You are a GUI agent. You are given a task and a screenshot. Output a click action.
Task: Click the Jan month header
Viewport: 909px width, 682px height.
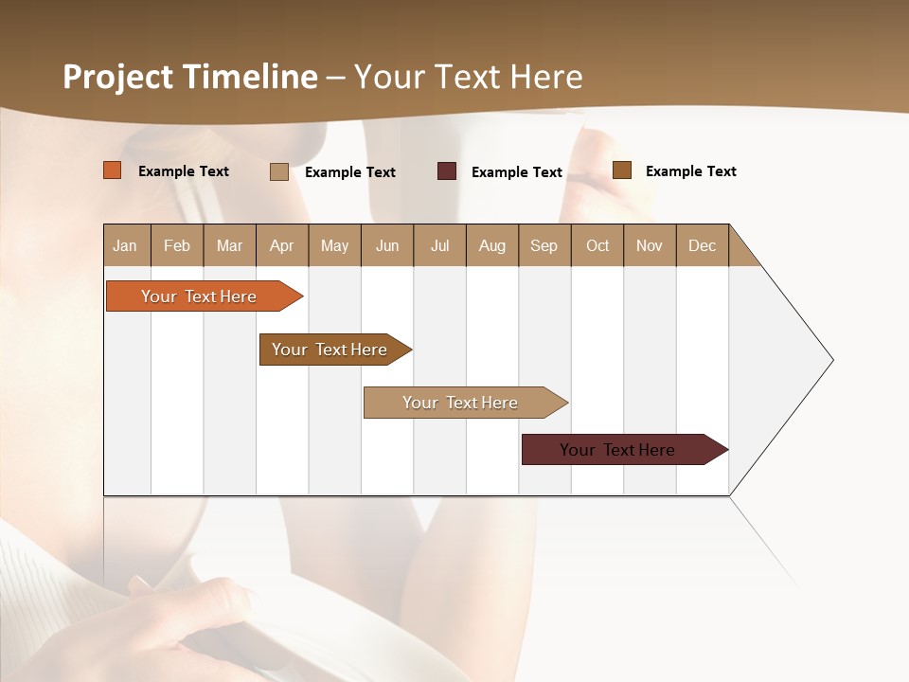coord(126,245)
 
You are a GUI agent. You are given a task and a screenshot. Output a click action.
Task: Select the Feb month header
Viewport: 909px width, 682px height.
coord(177,245)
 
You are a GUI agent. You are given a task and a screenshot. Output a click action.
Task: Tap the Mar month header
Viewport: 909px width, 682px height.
coord(229,245)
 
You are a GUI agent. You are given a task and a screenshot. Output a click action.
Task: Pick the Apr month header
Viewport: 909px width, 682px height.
coord(282,245)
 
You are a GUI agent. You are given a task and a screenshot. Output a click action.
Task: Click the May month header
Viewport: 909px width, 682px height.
coord(334,245)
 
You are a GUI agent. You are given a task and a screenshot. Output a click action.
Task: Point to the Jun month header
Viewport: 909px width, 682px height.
coord(387,245)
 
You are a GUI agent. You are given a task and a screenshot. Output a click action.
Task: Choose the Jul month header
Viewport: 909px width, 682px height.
coord(439,245)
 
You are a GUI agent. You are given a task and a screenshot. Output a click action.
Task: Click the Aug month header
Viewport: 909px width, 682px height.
coord(492,245)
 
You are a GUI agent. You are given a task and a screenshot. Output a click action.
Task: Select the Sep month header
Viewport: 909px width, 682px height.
coord(544,245)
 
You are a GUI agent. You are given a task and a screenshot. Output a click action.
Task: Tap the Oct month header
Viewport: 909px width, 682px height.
coord(597,245)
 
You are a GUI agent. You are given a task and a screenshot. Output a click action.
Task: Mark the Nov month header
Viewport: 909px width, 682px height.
coord(650,245)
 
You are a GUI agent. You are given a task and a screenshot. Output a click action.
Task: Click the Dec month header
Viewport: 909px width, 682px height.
coord(703,245)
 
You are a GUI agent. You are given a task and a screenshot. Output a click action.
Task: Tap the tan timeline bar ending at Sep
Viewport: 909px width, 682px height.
coord(461,403)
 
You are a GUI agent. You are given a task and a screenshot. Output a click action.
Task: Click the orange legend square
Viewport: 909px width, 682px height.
coord(113,170)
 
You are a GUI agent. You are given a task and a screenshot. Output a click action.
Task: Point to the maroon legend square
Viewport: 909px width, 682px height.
coord(447,171)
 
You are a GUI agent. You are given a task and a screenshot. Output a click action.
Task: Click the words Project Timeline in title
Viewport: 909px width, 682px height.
coord(190,77)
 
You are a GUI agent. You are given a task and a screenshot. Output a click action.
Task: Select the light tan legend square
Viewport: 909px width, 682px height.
coord(279,171)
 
